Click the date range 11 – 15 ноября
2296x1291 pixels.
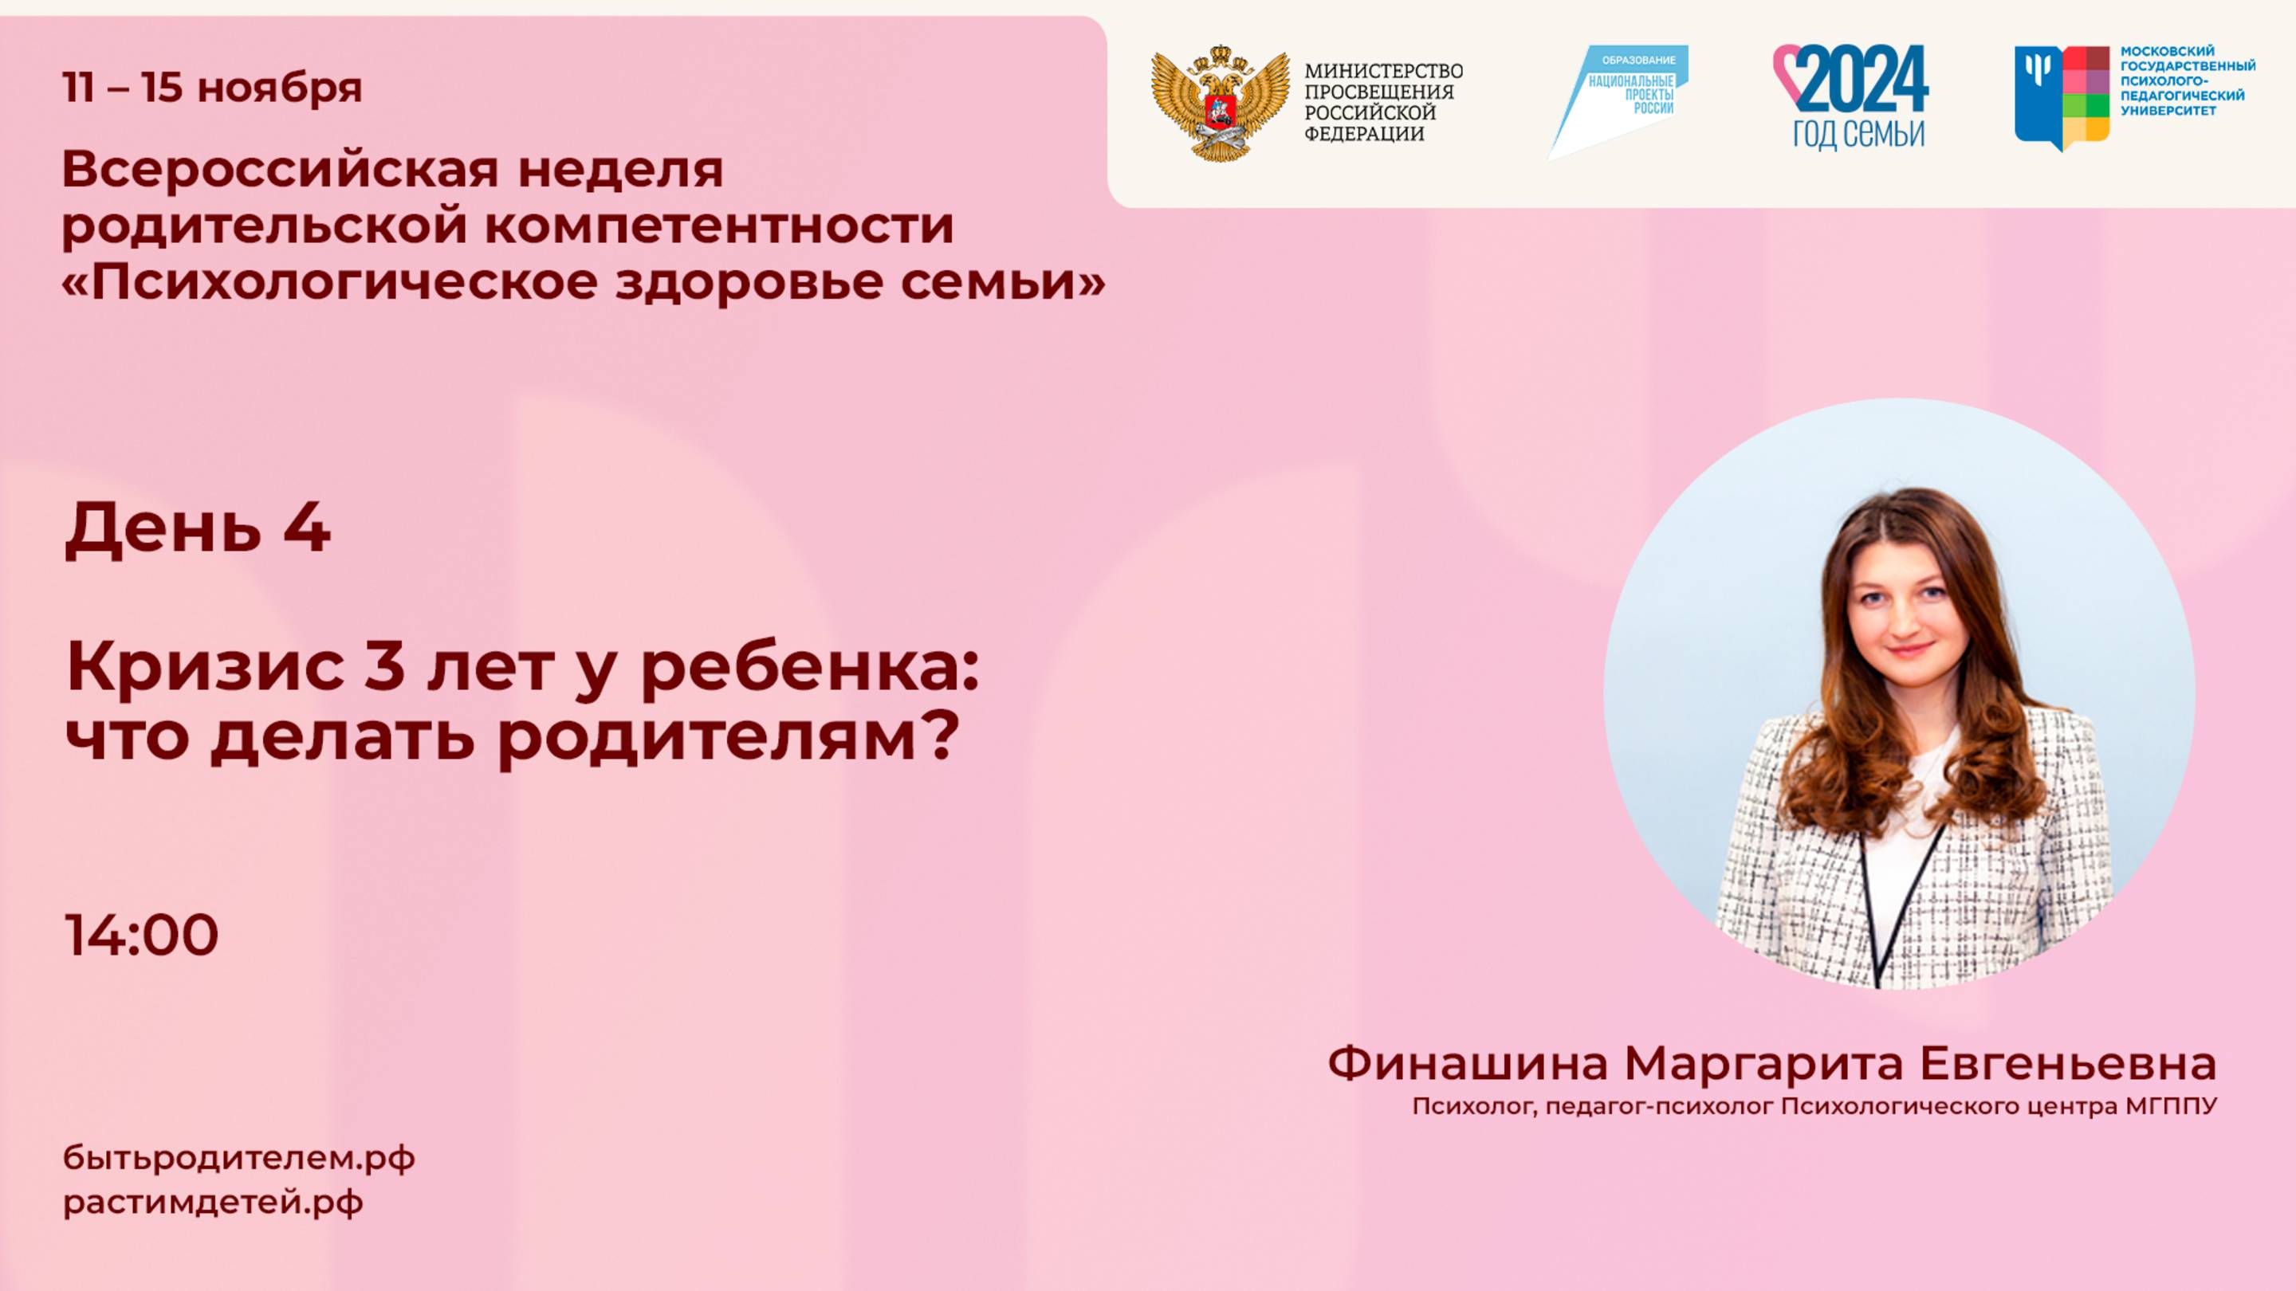[212, 88]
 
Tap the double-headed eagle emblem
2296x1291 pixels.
[1219, 104]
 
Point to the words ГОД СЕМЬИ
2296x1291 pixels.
[1859, 135]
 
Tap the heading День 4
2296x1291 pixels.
[198, 528]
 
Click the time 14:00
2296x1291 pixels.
[142, 935]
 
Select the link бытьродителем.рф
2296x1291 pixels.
[239, 1158]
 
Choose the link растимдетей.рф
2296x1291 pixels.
[213, 1202]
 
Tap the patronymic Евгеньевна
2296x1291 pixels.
[2067, 1063]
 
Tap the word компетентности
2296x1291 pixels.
[720, 225]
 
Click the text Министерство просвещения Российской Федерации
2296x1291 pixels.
[1383, 103]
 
